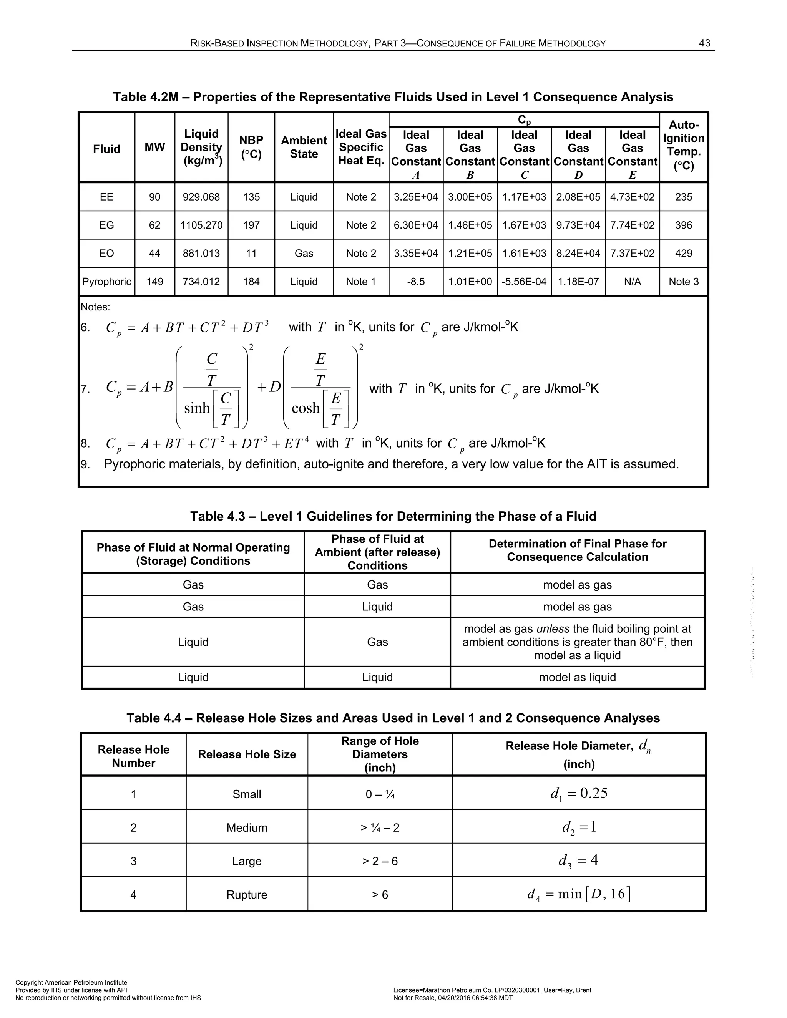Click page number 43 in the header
(x=704, y=43)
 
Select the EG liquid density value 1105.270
(x=201, y=225)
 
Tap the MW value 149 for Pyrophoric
(x=154, y=282)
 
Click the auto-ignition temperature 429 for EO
(x=684, y=254)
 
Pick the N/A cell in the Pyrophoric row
(x=632, y=282)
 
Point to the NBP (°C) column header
(x=251, y=147)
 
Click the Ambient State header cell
(x=304, y=147)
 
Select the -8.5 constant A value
(x=415, y=282)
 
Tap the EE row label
(x=107, y=197)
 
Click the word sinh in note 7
(x=197, y=408)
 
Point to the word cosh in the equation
(x=306, y=408)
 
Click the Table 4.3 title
(x=393, y=516)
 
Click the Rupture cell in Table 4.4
(x=247, y=894)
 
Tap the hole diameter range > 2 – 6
(x=380, y=861)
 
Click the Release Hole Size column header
(x=247, y=754)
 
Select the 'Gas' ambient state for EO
(x=304, y=254)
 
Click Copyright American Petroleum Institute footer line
(x=71, y=983)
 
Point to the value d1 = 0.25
(x=579, y=794)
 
